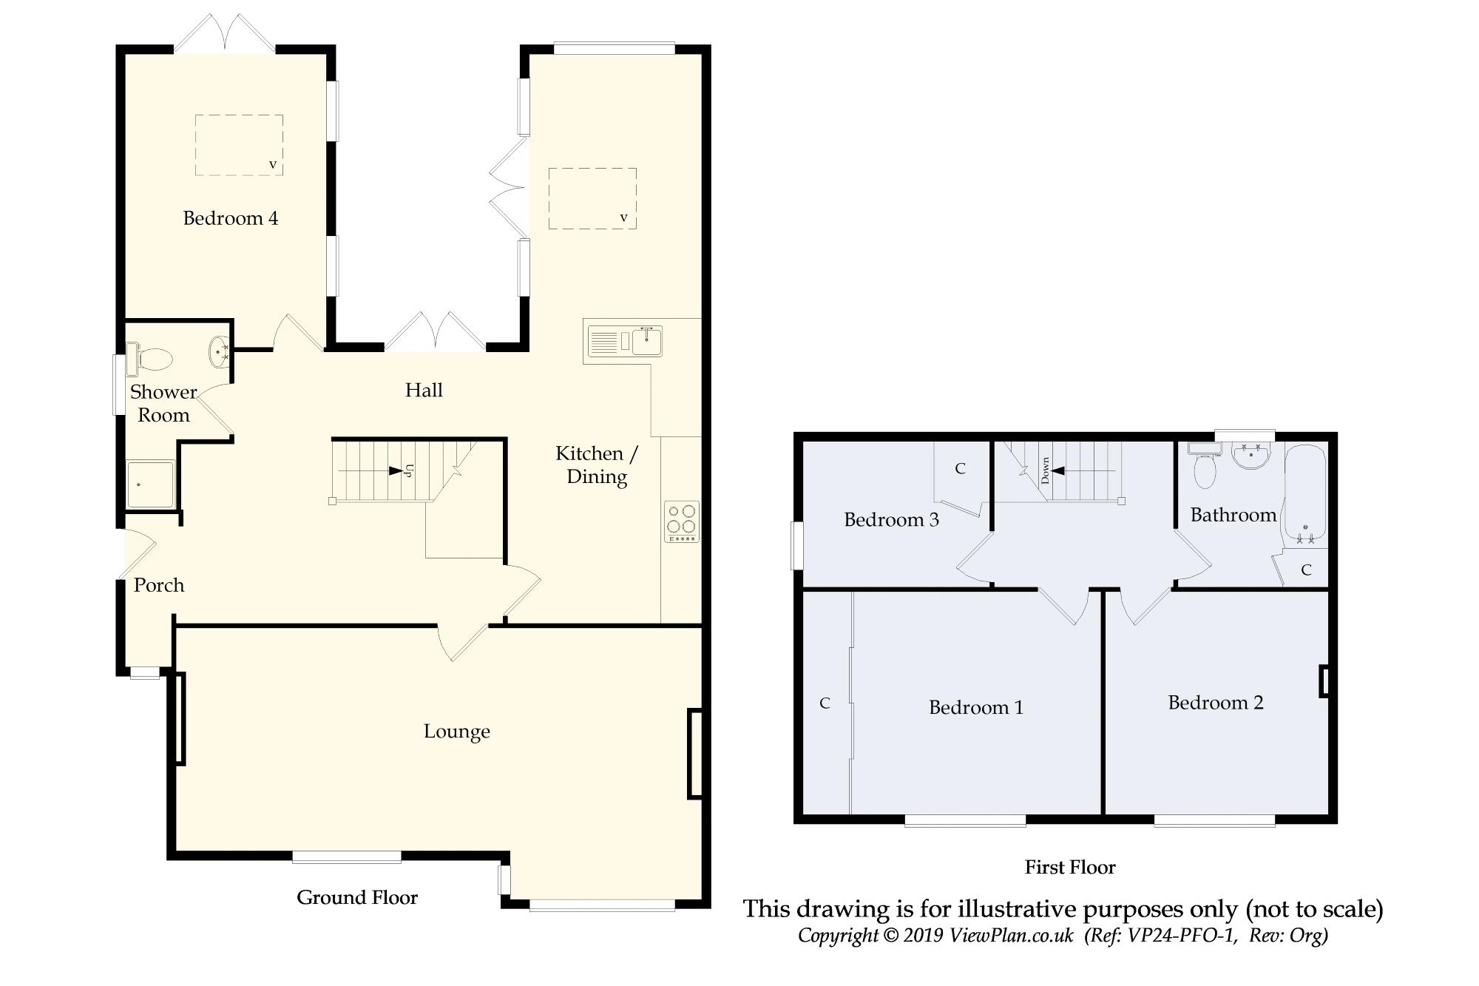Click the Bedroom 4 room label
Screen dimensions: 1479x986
click(x=231, y=218)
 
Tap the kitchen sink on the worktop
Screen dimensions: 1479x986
click(x=625, y=341)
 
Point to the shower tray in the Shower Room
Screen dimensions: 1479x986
click(x=151, y=484)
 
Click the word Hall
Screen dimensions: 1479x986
click(x=424, y=390)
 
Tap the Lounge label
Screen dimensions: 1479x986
click(x=456, y=732)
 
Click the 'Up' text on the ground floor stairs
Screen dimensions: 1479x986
click(x=409, y=470)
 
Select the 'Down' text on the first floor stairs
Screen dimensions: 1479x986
click(x=1046, y=470)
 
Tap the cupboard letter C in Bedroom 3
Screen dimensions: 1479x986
click(x=960, y=468)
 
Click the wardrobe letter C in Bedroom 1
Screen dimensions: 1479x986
click(x=825, y=703)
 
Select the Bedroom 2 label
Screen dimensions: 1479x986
click(x=1216, y=703)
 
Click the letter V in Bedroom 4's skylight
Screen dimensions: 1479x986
click(x=273, y=164)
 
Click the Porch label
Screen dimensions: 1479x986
click(x=159, y=585)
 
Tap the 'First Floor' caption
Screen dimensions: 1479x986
click(x=1070, y=867)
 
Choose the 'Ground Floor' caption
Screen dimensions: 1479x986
click(x=357, y=897)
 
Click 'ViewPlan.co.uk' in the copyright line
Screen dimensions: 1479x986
click(x=1012, y=935)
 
